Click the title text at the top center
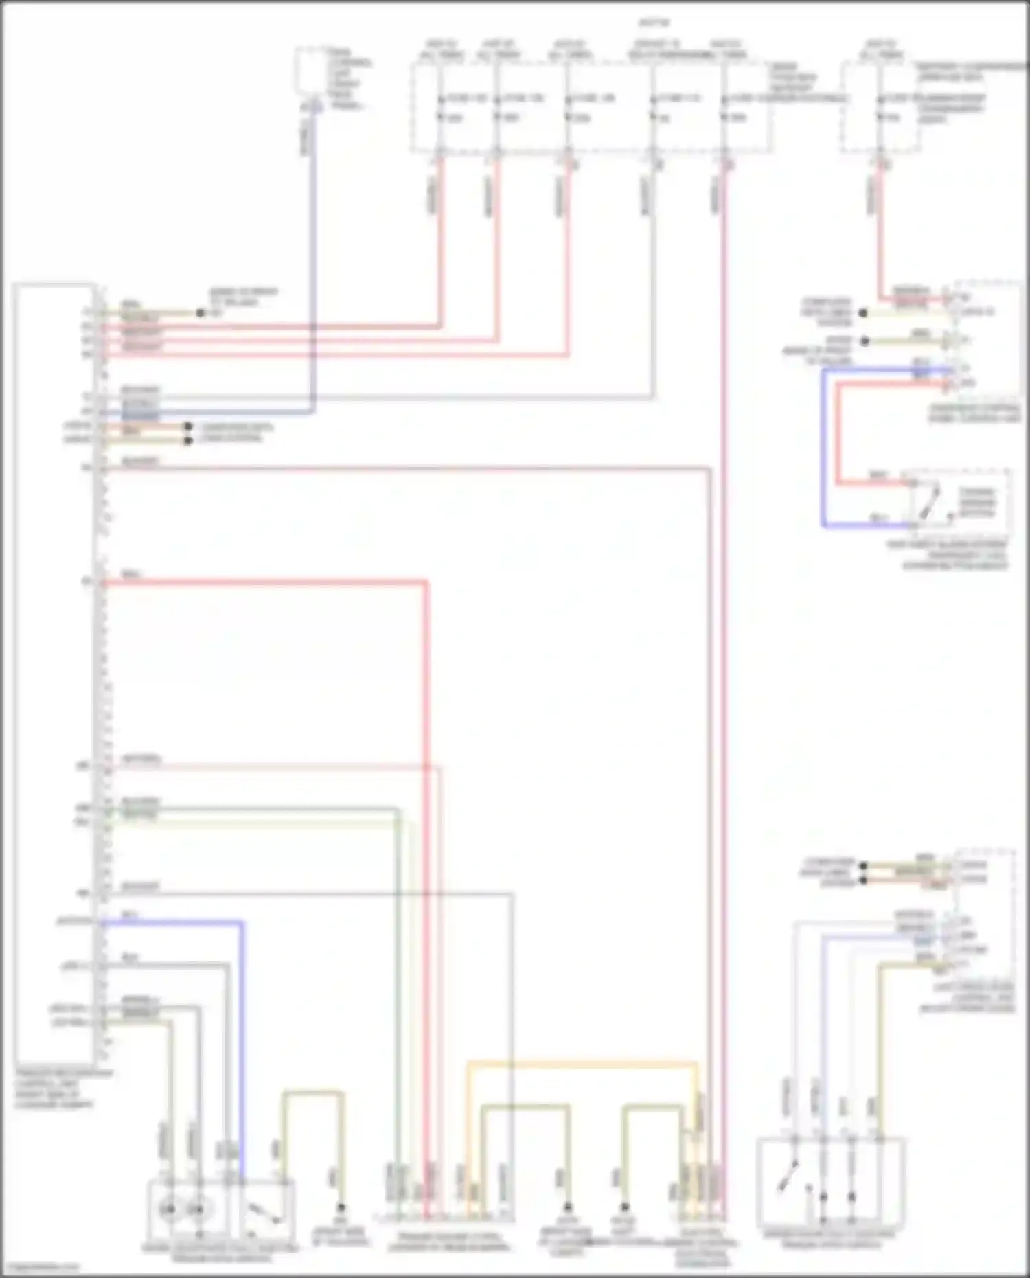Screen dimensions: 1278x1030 pyautogui.click(x=653, y=23)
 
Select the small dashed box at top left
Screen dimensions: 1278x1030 pyautogui.click(x=311, y=71)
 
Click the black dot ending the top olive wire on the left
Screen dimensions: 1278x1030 pyautogui.click(x=201, y=313)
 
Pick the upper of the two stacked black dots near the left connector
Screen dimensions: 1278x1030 pyautogui.click(x=187, y=426)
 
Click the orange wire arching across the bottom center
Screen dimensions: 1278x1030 pyautogui.click(x=584, y=1064)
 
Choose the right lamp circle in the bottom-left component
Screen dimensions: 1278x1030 pyautogui.click(x=197, y=1209)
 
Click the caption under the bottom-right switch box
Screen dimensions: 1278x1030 pyautogui.click(x=831, y=1239)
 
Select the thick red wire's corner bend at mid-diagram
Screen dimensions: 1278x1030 pyautogui.click(x=426, y=583)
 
